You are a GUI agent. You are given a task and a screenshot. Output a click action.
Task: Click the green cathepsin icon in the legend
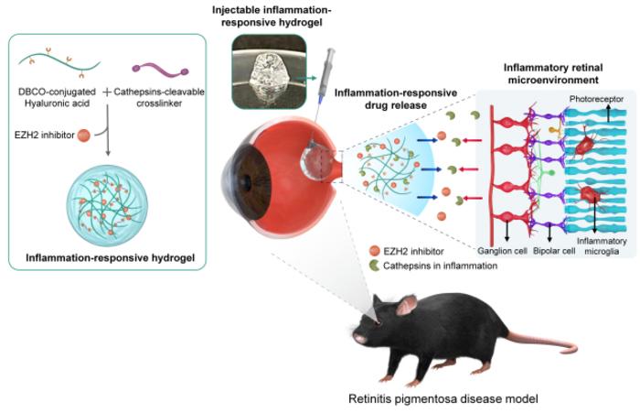376,266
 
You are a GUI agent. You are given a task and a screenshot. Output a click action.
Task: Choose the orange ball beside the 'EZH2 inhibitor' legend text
375,250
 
